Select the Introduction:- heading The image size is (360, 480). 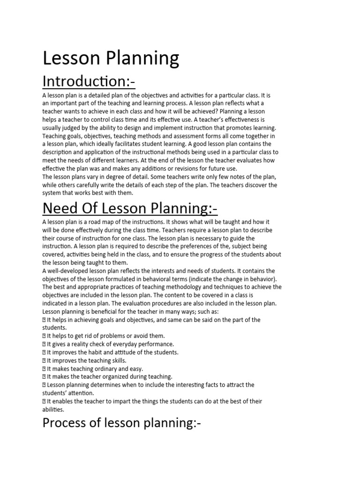[x=89, y=81]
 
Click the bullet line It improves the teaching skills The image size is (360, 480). [x=84, y=360]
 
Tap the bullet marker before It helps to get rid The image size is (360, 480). [x=44, y=336]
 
